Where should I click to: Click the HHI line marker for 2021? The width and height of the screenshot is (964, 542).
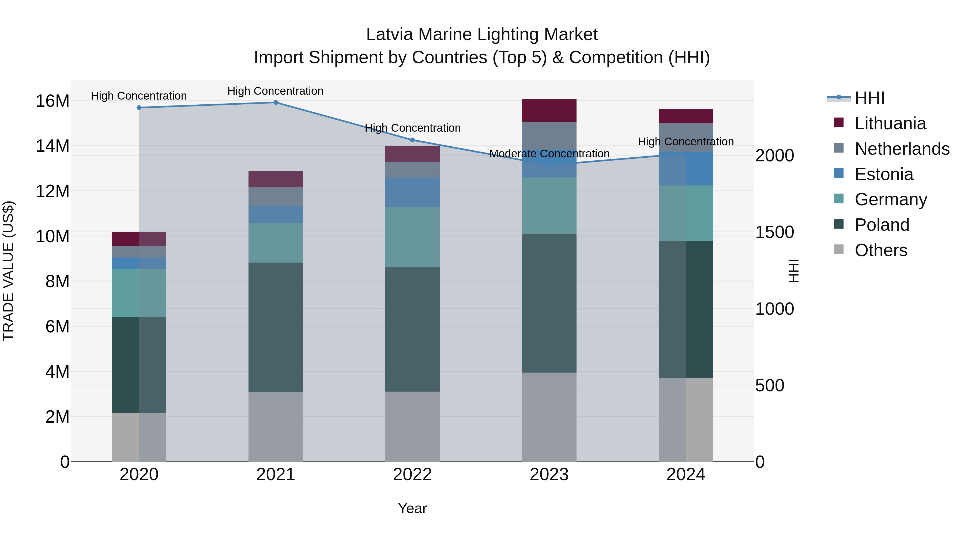276,103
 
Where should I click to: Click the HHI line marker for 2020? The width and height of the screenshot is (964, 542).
139,108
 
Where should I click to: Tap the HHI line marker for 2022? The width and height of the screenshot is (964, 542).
412,140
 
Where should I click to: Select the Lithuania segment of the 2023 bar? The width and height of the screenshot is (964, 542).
549,111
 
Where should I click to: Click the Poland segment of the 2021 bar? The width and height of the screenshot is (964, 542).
276,327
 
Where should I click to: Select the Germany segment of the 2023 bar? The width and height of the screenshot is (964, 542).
549,206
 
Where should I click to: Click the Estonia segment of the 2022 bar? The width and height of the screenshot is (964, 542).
412,192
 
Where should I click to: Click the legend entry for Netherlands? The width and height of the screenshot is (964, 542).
902,149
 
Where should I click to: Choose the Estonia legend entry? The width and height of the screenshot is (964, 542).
884,174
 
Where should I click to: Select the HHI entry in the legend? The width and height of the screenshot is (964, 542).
869,98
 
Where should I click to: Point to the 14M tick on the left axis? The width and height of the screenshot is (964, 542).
52,146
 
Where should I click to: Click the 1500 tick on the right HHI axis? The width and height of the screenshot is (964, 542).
774,232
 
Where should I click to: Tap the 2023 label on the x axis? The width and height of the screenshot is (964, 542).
549,475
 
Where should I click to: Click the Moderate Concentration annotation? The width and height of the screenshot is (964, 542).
549,154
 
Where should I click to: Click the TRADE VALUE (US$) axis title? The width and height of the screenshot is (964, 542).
8,271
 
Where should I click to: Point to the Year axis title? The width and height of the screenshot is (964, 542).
412,508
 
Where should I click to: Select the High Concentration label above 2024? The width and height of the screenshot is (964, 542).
686,142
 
